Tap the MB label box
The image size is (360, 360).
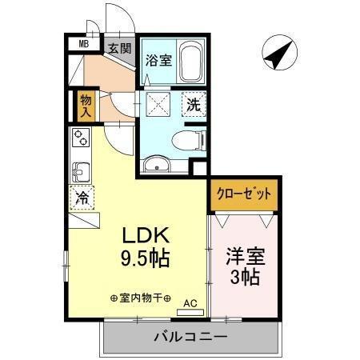coord(83,45)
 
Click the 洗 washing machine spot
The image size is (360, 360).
coord(194,103)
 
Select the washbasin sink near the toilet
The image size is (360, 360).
coord(156,166)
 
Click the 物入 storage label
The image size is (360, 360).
coord(85,105)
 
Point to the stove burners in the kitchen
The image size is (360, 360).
coord(81,138)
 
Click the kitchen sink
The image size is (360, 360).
coord(81,171)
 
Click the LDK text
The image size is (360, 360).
coord(146,237)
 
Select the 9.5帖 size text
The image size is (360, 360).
coord(146,259)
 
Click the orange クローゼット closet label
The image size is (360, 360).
coord(243,194)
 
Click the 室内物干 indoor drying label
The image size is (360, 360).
coord(141,298)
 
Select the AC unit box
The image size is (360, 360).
coord(190,302)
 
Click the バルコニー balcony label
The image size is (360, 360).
coord(190,337)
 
